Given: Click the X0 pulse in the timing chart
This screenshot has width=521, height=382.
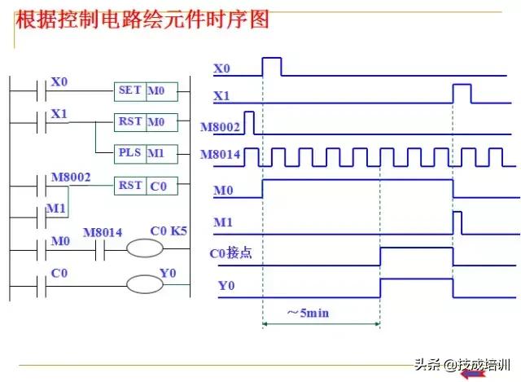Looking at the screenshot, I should coord(271,67).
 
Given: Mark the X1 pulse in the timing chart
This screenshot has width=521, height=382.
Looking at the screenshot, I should coord(462,93).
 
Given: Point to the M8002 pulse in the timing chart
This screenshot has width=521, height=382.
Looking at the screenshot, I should coord(249,122).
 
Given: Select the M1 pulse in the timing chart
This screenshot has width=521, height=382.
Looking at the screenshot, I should coord(458,221).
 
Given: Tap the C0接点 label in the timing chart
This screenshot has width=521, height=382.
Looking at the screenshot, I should coord(231,253).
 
